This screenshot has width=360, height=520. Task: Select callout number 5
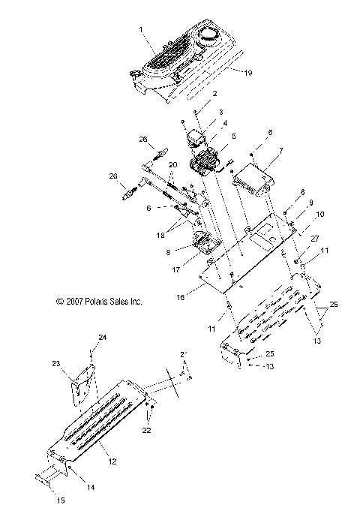[x=233, y=137]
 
